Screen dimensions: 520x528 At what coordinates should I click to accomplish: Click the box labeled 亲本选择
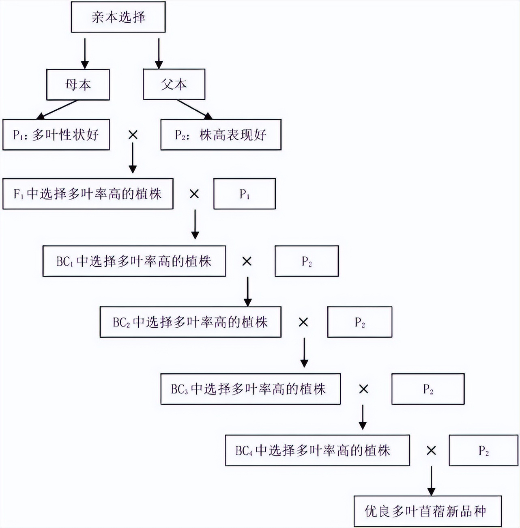pos(118,17)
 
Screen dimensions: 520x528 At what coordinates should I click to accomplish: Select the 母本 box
pos(78,84)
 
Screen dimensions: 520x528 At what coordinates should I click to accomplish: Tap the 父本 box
pos(174,84)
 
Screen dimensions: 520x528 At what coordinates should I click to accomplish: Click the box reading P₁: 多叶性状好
pos(56,135)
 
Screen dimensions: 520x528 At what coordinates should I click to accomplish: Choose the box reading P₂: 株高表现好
pos(221,135)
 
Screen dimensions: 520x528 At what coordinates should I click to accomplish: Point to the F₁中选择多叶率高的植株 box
pos(88,194)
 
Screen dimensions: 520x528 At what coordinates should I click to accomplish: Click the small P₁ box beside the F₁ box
pos(245,194)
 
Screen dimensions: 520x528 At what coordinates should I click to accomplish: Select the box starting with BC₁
pos(134,261)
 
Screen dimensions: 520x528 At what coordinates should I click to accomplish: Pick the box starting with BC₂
pos(191,322)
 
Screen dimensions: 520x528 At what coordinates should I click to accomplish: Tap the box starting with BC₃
pos(251,389)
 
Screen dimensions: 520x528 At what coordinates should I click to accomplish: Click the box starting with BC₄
pos(318,450)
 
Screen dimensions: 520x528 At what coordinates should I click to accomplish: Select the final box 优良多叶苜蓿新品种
pos(428,511)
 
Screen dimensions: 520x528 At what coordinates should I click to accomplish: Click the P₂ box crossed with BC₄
pos(483,450)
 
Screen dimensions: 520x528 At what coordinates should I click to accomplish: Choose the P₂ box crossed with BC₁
pos(307,261)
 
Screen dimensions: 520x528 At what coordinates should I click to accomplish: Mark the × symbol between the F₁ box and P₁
pos(194,194)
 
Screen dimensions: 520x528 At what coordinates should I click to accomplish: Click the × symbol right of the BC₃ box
pos(364,389)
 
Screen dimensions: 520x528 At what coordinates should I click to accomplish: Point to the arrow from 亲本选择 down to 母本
pos(85,54)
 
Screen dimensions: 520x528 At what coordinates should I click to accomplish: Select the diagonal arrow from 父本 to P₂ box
pos(194,109)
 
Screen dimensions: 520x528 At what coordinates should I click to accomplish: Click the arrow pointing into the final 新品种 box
pos(432,481)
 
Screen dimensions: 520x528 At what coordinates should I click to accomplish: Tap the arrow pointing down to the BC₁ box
pos(195,224)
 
